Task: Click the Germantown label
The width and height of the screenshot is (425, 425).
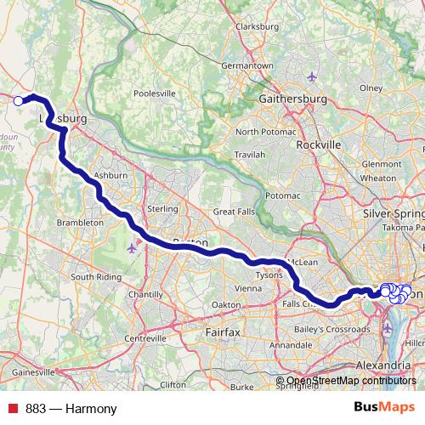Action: click(246, 65)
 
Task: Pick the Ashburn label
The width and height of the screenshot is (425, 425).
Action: click(110, 174)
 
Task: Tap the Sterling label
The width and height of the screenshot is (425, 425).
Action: click(161, 209)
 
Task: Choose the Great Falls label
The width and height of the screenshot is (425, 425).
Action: click(234, 212)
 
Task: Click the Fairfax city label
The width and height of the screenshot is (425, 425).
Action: click(224, 328)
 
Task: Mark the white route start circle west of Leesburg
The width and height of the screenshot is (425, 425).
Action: click(19, 100)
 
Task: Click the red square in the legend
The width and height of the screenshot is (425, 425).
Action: click(8, 409)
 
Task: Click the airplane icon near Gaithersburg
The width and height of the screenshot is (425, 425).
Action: click(312, 77)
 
